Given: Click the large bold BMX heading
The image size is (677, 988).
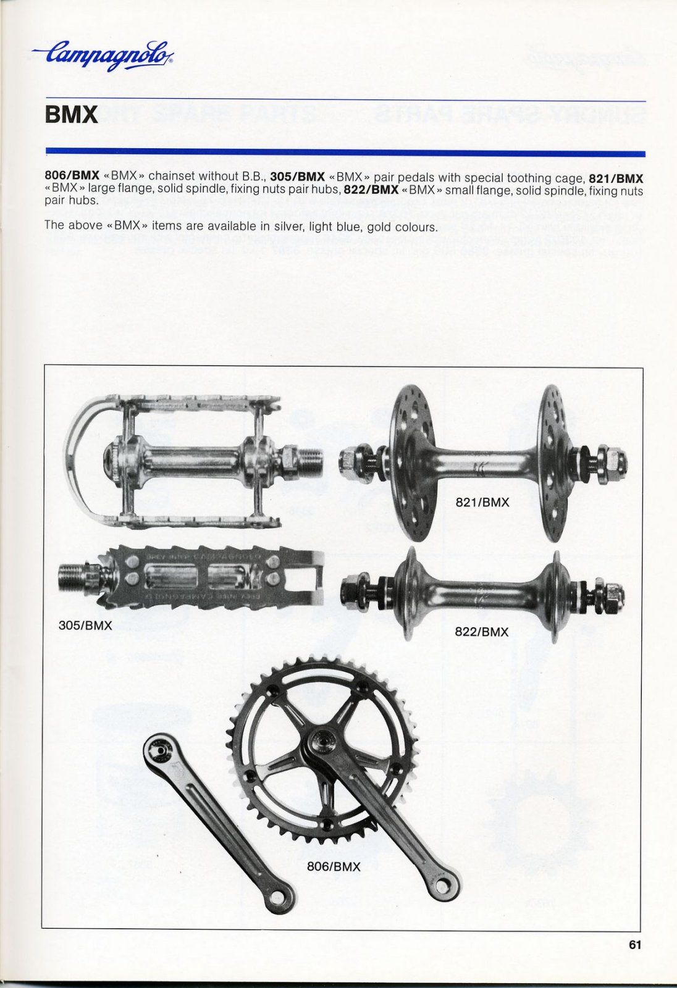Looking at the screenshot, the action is coord(71,115).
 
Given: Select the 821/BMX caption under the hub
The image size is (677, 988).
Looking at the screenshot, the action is coord(482,502).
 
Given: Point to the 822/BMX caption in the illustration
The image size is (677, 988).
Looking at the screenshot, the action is coord(482,632).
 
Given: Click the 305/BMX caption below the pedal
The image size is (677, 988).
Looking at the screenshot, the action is coord(85,626).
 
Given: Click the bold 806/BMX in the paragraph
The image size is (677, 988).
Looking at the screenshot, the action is coord(72,177).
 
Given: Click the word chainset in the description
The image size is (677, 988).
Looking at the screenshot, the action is coord(169,177).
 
